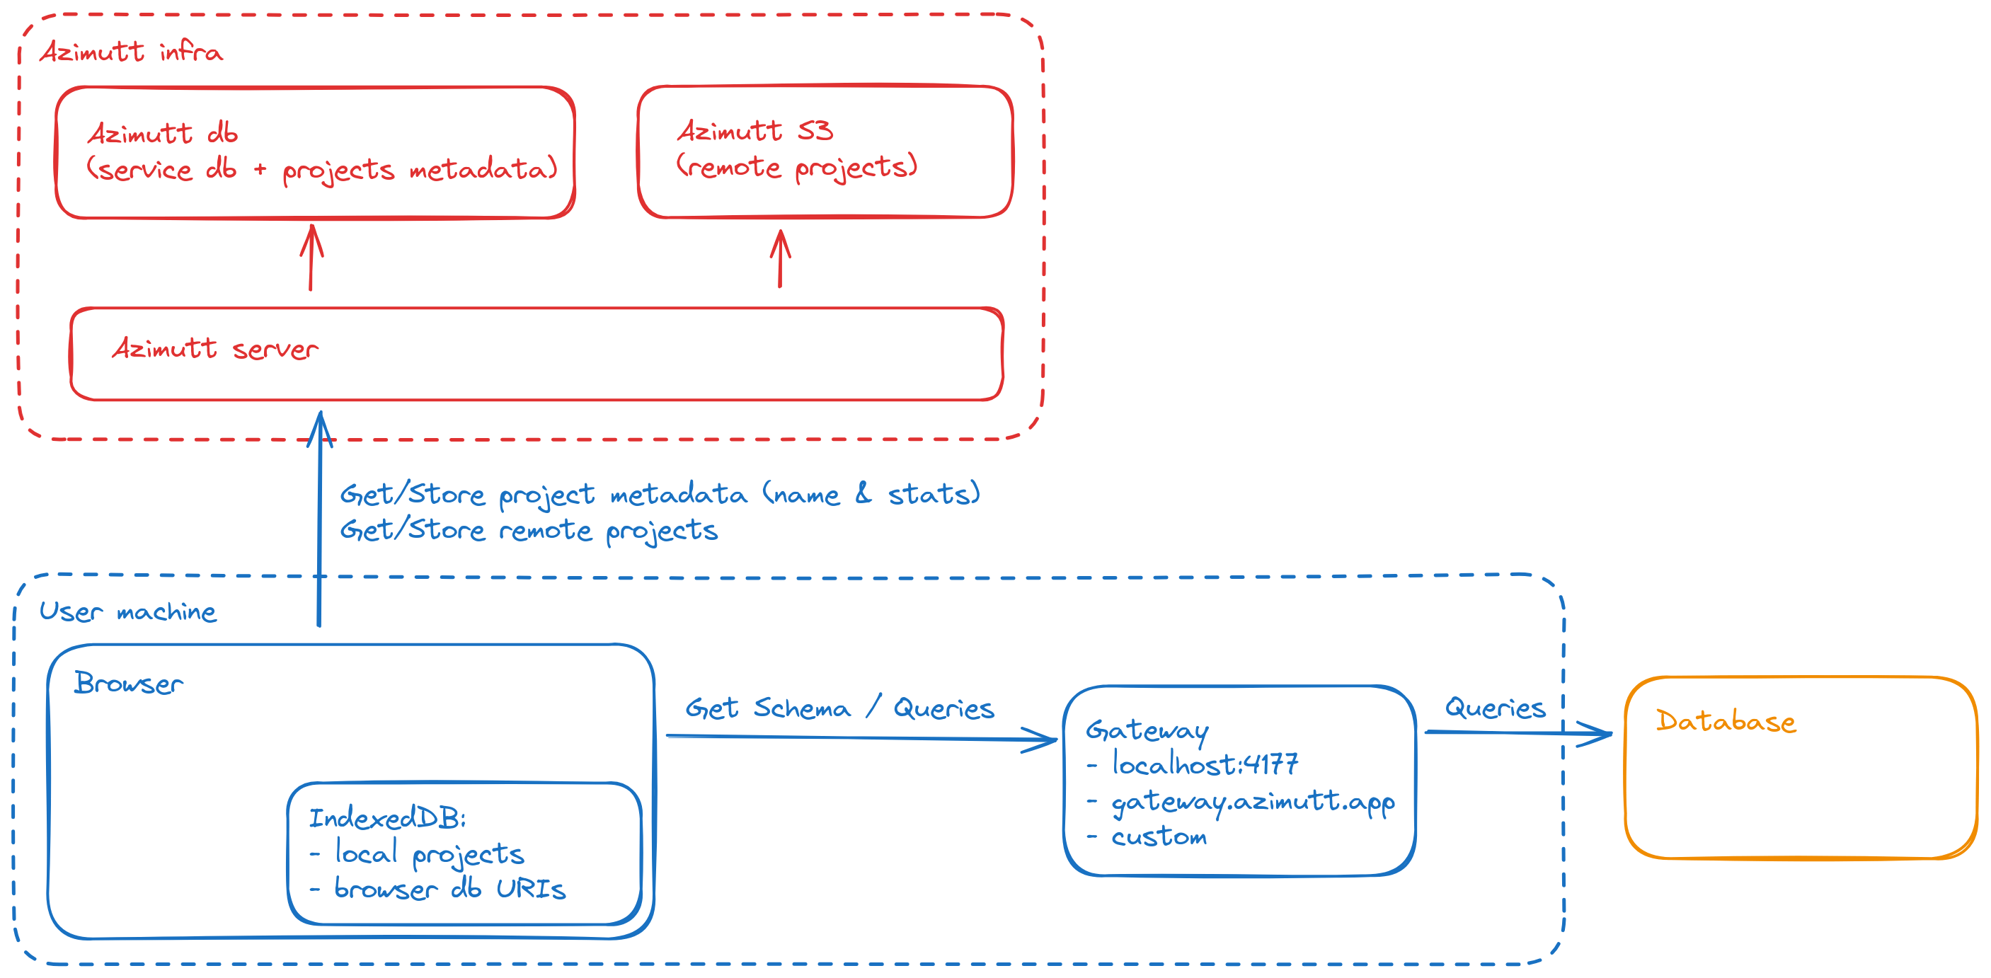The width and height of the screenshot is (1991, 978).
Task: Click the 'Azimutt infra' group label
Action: point(132,52)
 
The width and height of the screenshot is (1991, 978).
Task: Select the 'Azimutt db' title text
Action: point(162,133)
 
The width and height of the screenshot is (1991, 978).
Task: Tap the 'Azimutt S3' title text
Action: point(755,130)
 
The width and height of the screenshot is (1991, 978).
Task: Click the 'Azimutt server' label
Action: point(215,348)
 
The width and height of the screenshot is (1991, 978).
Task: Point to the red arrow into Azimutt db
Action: point(311,258)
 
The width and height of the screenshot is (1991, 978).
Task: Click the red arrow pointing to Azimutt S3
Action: point(780,259)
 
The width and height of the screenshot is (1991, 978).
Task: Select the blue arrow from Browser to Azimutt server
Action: point(319,517)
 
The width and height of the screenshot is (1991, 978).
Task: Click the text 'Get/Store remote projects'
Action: point(529,530)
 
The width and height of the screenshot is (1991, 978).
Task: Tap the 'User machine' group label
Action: point(128,612)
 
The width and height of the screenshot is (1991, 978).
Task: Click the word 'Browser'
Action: point(128,684)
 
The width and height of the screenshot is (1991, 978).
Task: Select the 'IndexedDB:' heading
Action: point(387,817)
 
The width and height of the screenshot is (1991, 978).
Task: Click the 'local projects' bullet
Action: point(429,853)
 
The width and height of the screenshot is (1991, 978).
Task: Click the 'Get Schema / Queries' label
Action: point(839,708)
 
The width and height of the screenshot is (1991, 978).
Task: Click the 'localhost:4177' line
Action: point(1204,764)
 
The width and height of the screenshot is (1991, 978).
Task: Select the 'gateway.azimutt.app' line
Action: point(1252,801)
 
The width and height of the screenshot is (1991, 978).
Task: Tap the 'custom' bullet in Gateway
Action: point(1158,836)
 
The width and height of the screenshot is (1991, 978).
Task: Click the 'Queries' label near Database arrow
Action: point(1495,708)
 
